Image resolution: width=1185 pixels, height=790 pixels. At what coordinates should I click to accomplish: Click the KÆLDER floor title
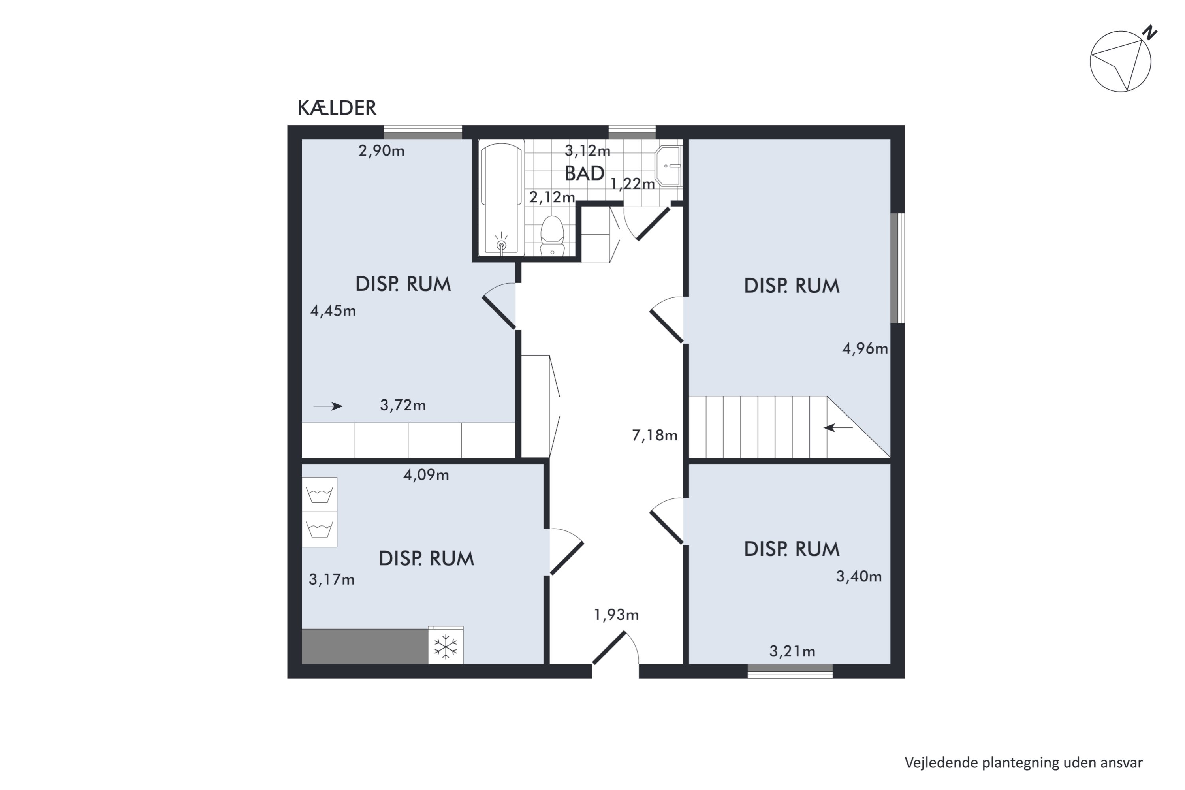tap(337, 108)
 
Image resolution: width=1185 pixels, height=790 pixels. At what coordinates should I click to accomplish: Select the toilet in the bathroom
tap(552, 236)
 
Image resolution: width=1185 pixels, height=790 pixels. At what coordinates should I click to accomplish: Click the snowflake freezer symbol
tap(446, 646)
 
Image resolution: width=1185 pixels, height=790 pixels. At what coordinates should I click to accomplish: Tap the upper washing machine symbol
tap(320, 494)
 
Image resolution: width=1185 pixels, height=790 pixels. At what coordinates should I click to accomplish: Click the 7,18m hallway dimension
tap(655, 435)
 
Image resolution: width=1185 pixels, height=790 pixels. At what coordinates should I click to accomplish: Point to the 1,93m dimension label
tap(616, 615)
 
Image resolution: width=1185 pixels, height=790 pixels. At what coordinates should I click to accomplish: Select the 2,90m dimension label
tap(382, 150)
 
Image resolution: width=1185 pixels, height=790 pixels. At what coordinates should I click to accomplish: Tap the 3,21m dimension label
tap(792, 651)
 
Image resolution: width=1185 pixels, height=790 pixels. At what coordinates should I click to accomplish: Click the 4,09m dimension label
tap(426, 475)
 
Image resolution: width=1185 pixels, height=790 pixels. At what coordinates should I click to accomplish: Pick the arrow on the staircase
tap(838, 428)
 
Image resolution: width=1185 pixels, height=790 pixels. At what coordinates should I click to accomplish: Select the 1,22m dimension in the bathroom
tap(632, 184)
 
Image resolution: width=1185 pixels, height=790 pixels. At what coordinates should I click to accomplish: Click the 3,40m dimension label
tap(859, 576)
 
